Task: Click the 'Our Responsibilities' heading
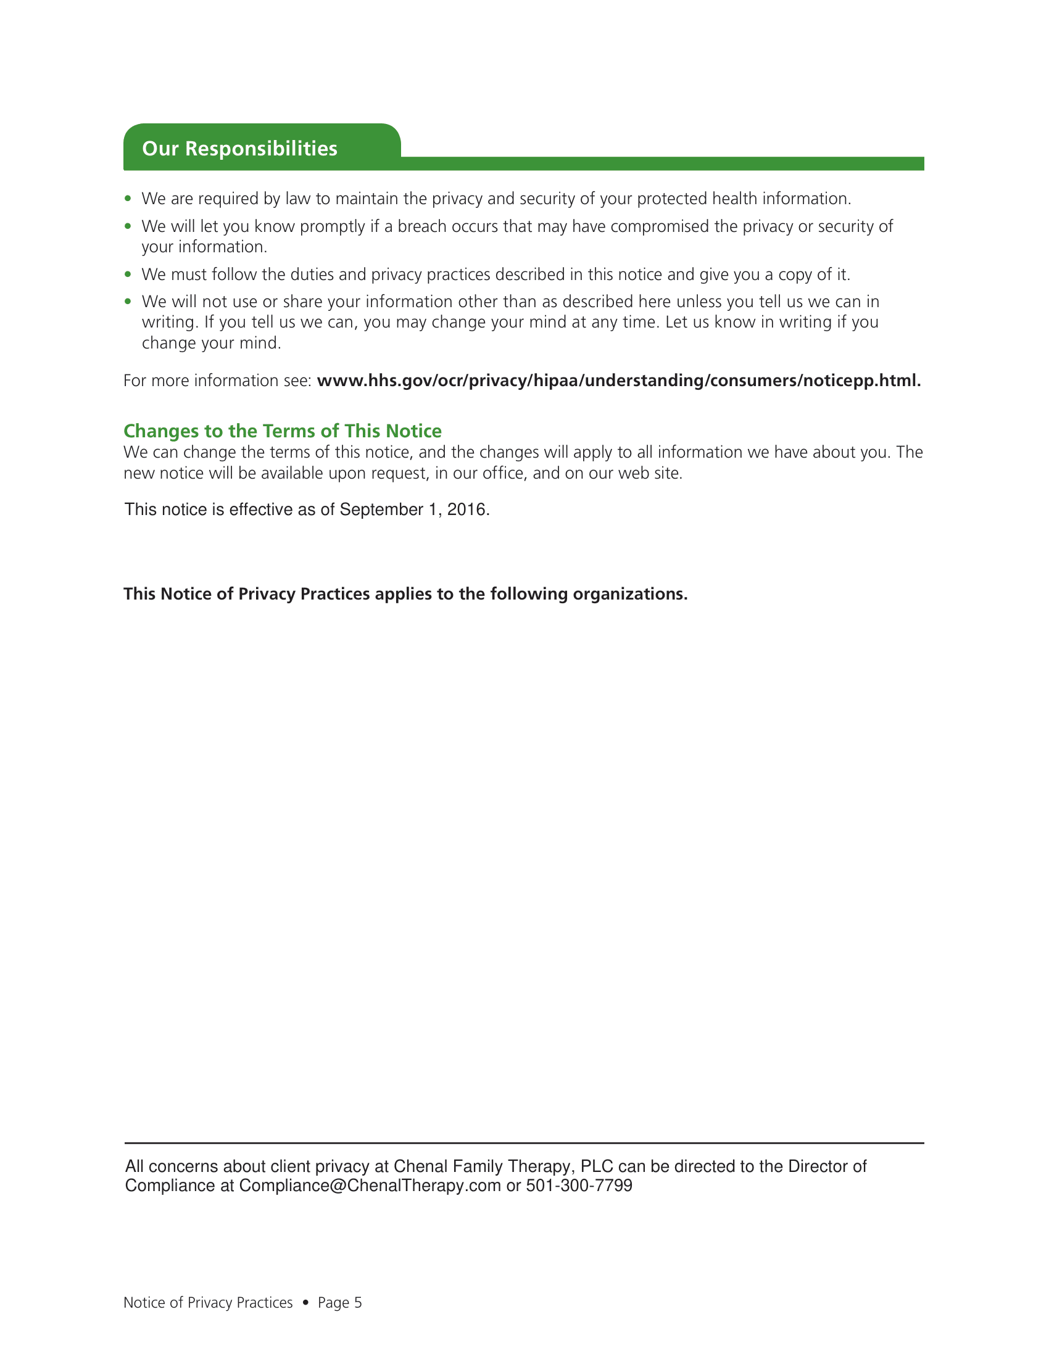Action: point(239,149)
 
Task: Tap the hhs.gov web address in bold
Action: point(618,380)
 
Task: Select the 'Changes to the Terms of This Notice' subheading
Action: point(282,431)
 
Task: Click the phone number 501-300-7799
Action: point(579,1186)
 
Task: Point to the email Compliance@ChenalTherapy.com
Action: point(370,1186)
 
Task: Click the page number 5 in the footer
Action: point(358,1302)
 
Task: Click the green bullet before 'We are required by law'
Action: point(128,199)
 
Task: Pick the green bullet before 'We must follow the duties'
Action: point(128,274)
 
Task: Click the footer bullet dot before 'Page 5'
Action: point(305,1302)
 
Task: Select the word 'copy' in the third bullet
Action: point(795,274)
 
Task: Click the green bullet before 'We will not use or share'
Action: point(128,302)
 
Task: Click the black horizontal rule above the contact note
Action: point(524,1142)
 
